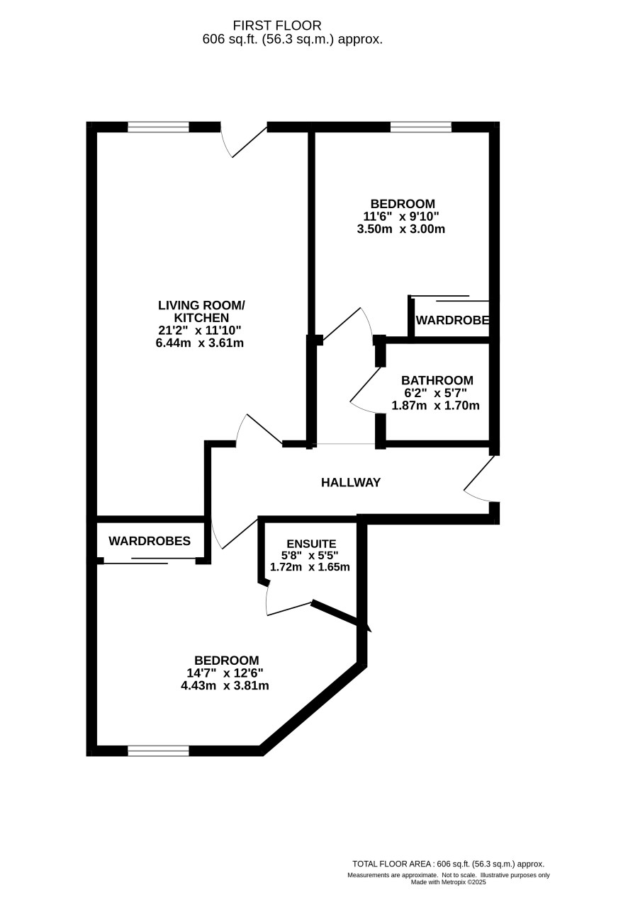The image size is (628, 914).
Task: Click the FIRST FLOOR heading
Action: pos(277,25)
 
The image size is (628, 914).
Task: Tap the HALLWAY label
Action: pos(351,483)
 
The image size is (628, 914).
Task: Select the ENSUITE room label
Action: pos(311,544)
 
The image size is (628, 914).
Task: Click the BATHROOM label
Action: pos(437,380)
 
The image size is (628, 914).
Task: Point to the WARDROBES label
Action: pos(150,541)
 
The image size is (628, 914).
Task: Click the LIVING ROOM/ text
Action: pos(201,305)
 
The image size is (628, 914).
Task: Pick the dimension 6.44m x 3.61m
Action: pos(200,343)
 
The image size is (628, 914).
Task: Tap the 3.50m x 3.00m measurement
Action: pos(400,229)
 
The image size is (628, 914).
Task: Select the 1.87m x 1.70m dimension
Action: pos(435,406)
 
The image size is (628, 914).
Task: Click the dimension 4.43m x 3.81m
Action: pos(225,685)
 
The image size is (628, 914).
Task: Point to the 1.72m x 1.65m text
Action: pos(310,567)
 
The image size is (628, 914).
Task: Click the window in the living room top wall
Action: pos(159,127)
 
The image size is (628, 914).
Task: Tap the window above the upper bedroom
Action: pos(421,127)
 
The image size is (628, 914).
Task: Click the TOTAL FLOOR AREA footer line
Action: pos(448,864)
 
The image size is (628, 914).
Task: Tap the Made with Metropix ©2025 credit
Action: pos(448,882)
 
